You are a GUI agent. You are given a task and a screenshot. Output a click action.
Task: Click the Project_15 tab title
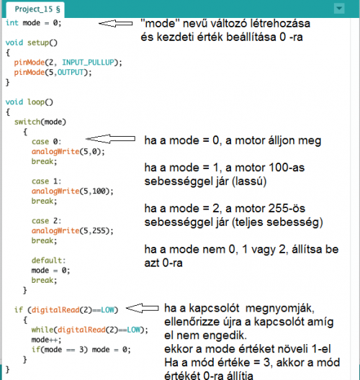[x=37, y=9]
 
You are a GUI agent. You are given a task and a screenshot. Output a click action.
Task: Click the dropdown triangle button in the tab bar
[x=339, y=9]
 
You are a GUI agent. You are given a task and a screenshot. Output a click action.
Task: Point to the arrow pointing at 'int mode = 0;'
[x=116, y=23]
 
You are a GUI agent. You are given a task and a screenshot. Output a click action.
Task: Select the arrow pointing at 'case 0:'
[x=111, y=139]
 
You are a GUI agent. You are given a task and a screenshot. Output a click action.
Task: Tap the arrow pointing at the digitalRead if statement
[x=143, y=308]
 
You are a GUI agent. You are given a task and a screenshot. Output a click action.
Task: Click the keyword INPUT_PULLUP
[x=89, y=63]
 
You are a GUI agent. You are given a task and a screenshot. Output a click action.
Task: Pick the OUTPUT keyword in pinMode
[x=71, y=72]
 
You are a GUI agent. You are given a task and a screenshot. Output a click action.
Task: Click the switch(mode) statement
[x=40, y=122]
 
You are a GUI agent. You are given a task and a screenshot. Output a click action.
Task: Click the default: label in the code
[x=48, y=261]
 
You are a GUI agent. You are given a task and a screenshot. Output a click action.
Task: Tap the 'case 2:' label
[x=46, y=221]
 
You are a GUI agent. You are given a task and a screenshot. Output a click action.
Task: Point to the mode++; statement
[x=46, y=340]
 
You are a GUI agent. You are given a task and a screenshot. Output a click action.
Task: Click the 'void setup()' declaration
[x=32, y=42]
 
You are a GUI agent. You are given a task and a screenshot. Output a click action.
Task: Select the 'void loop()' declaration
[x=29, y=102]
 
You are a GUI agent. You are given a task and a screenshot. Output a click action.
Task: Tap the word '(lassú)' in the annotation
[x=249, y=181]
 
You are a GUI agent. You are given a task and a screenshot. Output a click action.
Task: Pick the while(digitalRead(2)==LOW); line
[x=89, y=330]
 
